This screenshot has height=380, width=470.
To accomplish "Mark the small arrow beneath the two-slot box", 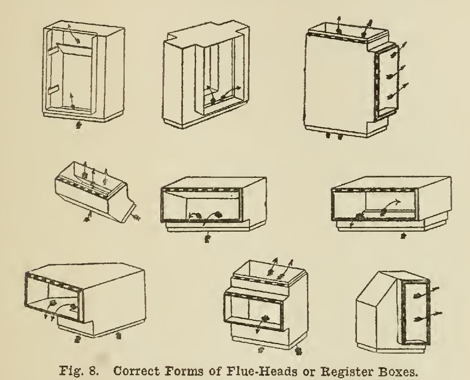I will [79, 124].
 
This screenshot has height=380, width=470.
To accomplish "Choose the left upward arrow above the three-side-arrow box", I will [338, 26].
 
